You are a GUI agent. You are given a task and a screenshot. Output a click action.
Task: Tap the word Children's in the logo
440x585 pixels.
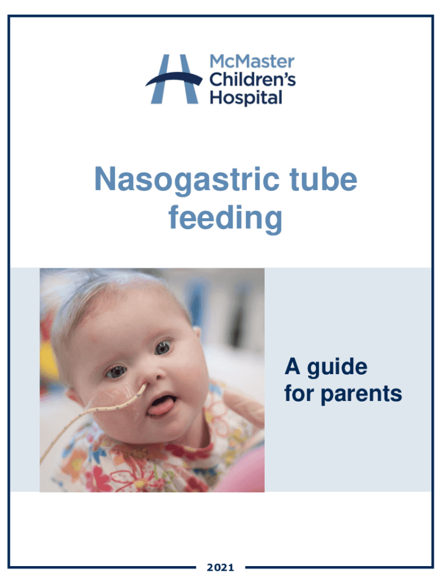(x=252, y=79)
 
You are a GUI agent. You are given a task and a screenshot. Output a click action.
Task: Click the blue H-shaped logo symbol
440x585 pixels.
(x=173, y=79)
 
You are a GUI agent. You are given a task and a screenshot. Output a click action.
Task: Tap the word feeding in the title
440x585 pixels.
(x=225, y=218)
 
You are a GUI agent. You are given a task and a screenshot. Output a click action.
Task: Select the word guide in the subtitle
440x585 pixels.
(x=337, y=367)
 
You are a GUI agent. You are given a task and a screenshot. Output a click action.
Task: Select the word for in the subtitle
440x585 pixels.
(x=300, y=394)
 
